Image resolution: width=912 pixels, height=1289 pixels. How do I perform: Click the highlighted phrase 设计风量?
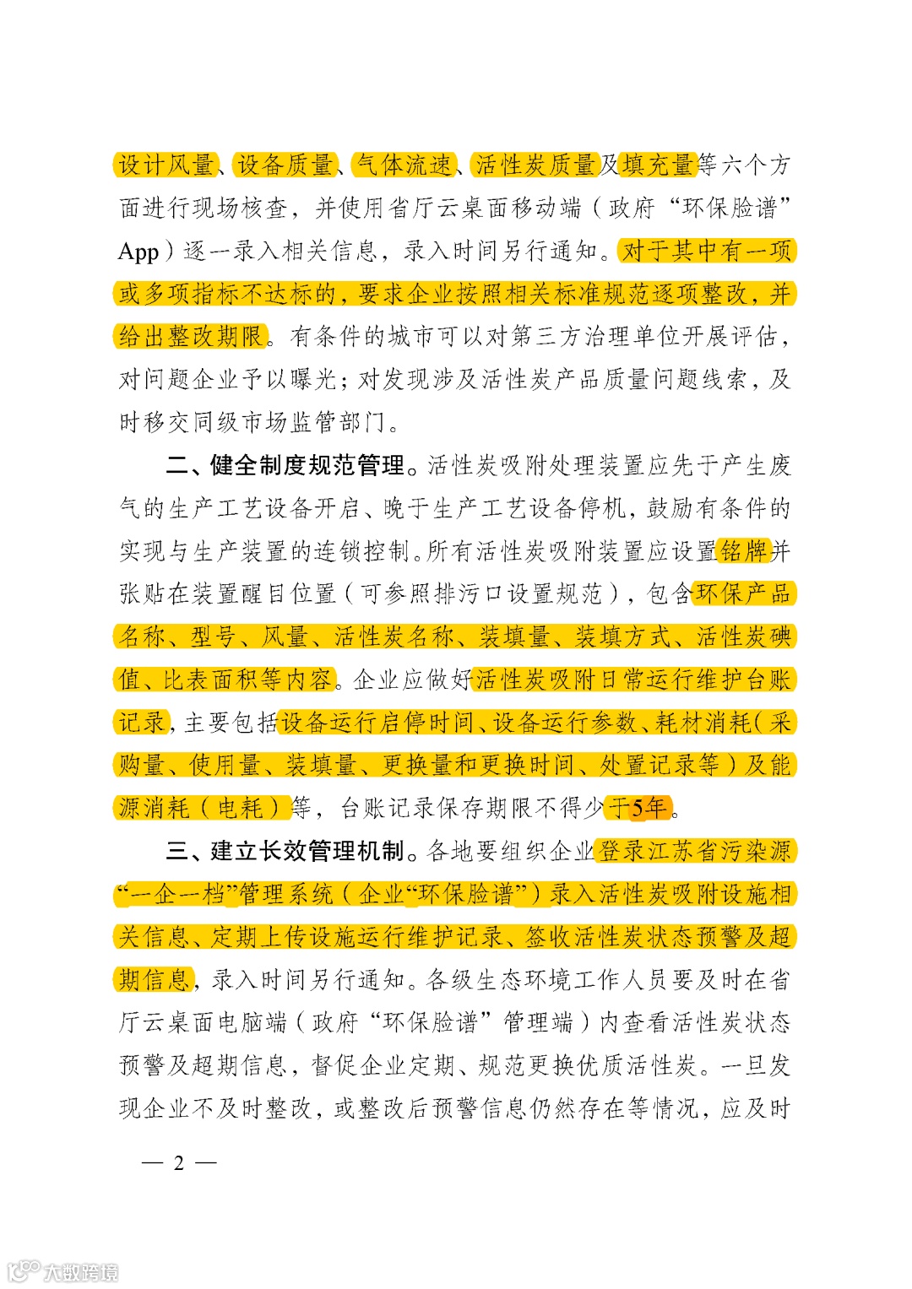point(166,165)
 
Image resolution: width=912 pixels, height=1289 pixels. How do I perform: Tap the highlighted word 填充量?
point(658,165)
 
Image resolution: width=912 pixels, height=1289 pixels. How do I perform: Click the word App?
point(138,252)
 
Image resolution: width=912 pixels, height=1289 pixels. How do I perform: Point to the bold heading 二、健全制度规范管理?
point(285,465)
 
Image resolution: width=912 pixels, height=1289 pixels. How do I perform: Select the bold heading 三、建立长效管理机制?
point(285,851)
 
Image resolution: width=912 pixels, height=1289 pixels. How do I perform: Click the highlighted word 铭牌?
point(743,551)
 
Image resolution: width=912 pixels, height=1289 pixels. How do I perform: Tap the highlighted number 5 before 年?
point(638,809)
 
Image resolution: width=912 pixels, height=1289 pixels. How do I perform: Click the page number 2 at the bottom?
point(178,1163)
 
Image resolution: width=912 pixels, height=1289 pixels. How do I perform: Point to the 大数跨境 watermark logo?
point(63,1270)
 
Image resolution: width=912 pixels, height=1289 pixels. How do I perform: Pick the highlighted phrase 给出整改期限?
point(192,337)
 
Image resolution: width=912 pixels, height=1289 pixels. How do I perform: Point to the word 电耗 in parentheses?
point(241,809)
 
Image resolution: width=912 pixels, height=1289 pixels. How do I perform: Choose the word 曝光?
point(314,380)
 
